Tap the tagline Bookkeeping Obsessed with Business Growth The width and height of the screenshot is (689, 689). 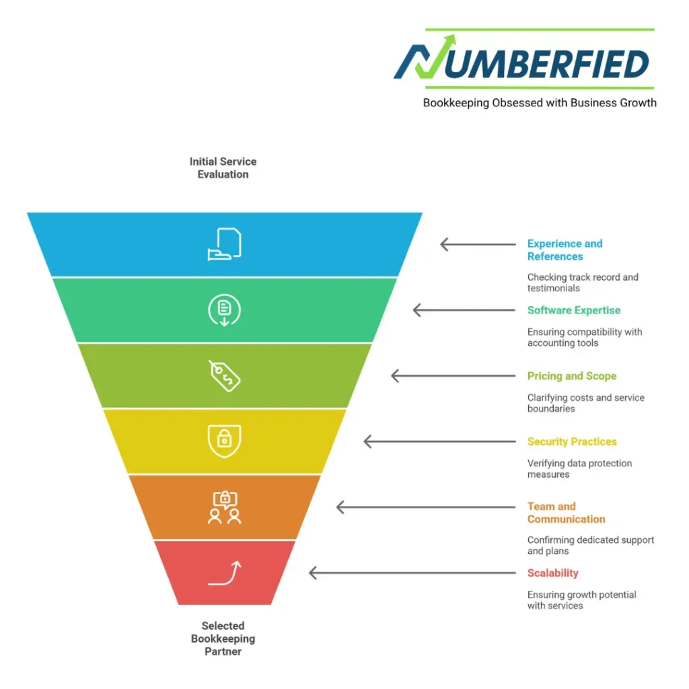539,103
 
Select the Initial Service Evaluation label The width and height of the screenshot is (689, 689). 223,168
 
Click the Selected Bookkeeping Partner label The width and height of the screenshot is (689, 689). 223,639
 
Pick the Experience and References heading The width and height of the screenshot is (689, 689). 565,250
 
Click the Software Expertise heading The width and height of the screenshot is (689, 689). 573,310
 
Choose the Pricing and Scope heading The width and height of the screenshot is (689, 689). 571,376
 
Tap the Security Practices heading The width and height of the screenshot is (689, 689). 572,441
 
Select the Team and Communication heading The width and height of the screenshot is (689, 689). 566,513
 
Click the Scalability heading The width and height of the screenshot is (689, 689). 552,573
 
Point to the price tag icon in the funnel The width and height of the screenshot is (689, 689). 224,375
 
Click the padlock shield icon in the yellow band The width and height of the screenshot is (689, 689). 224,441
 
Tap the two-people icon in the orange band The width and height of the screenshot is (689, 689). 224,507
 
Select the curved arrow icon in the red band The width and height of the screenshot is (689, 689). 224,573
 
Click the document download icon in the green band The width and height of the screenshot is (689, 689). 224,310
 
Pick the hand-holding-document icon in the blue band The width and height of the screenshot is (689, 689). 224,244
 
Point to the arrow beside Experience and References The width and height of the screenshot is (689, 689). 477,244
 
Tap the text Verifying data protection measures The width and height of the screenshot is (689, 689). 579,469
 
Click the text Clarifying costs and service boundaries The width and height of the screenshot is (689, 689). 585,403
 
